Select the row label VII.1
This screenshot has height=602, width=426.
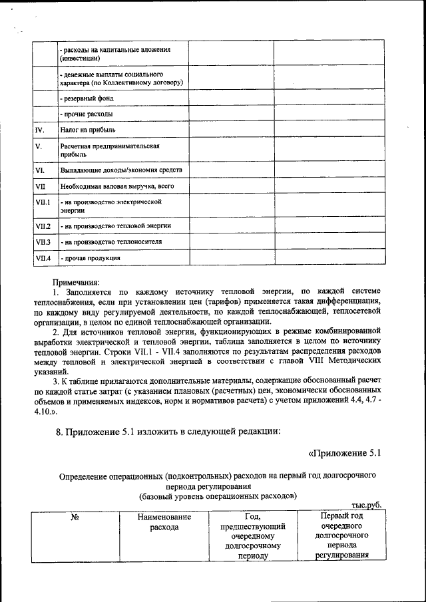pos(43,202)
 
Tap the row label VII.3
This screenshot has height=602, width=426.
pos(43,241)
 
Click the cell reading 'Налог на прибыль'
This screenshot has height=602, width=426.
pos(89,130)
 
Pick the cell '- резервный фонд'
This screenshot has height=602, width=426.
pos(87,98)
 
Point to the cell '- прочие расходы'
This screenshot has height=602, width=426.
pos(86,114)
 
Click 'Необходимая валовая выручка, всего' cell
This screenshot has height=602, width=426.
pos(116,186)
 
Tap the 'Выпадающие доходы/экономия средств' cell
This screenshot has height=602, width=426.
pos(120,170)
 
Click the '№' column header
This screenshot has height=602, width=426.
pos(75,517)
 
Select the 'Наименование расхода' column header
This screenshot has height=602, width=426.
pos(164,522)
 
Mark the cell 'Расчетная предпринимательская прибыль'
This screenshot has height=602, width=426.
pos(110,150)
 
